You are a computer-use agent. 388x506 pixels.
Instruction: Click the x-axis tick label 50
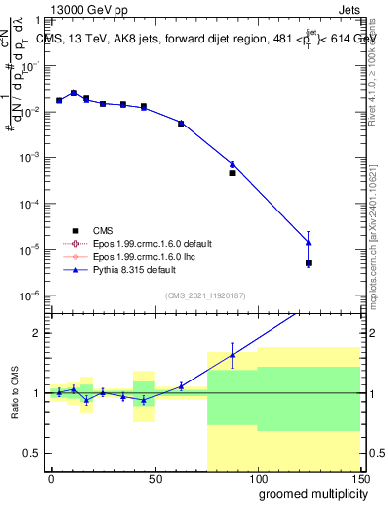pyautogui.click(x=154, y=479)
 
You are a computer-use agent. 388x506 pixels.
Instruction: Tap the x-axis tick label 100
pyautogui.click(x=257, y=479)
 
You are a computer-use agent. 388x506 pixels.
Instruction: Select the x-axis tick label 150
pyautogui.click(x=359, y=479)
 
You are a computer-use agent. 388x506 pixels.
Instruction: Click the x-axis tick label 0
pyautogui.click(x=51, y=479)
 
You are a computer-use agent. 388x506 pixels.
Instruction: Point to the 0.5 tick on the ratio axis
pyautogui.click(x=34, y=453)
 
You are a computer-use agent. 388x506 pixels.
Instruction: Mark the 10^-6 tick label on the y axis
pyautogui.click(x=30, y=295)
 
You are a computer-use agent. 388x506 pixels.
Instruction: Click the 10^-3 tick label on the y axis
pyautogui.click(x=30, y=158)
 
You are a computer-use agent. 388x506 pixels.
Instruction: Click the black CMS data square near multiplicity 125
pyautogui.click(x=309, y=263)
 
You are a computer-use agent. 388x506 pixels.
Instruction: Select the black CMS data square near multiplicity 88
pyautogui.click(x=232, y=173)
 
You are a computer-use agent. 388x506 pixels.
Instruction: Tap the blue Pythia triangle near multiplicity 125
pyautogui.click(x=309, y=242)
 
